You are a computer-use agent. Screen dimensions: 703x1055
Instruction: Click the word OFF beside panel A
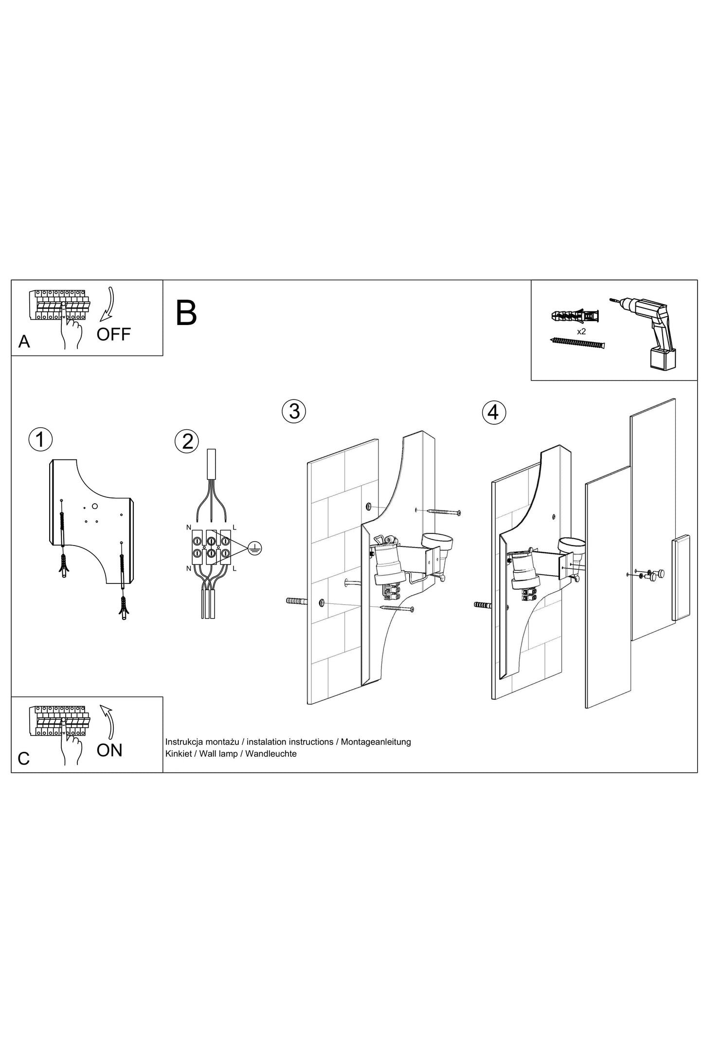pos(113,334)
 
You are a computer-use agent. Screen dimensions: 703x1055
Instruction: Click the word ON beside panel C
pos(109,750)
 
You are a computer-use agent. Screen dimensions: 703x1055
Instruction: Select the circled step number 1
pos(40,439)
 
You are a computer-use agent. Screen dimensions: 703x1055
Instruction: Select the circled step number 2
pos(187,441)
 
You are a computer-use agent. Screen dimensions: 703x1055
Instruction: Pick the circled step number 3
pos(294,411)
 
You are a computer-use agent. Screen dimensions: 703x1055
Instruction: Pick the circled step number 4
pos(493,412)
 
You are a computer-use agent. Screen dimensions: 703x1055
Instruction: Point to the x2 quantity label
pos(581,331)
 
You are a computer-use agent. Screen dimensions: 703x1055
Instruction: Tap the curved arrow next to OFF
pos(108,304)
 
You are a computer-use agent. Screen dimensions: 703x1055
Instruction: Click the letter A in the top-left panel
pos(24,342)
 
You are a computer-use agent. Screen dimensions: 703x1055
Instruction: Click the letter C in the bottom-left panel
pos(23,759)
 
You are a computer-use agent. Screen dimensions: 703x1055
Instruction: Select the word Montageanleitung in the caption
pos(376,742)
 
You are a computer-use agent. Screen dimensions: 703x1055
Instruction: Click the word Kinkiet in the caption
pos(179,754)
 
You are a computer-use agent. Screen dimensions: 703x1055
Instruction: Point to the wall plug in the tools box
pos(575,316)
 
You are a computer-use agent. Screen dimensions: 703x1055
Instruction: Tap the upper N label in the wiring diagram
pos(188,527)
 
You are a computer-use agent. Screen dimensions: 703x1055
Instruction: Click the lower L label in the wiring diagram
pos(234,568)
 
